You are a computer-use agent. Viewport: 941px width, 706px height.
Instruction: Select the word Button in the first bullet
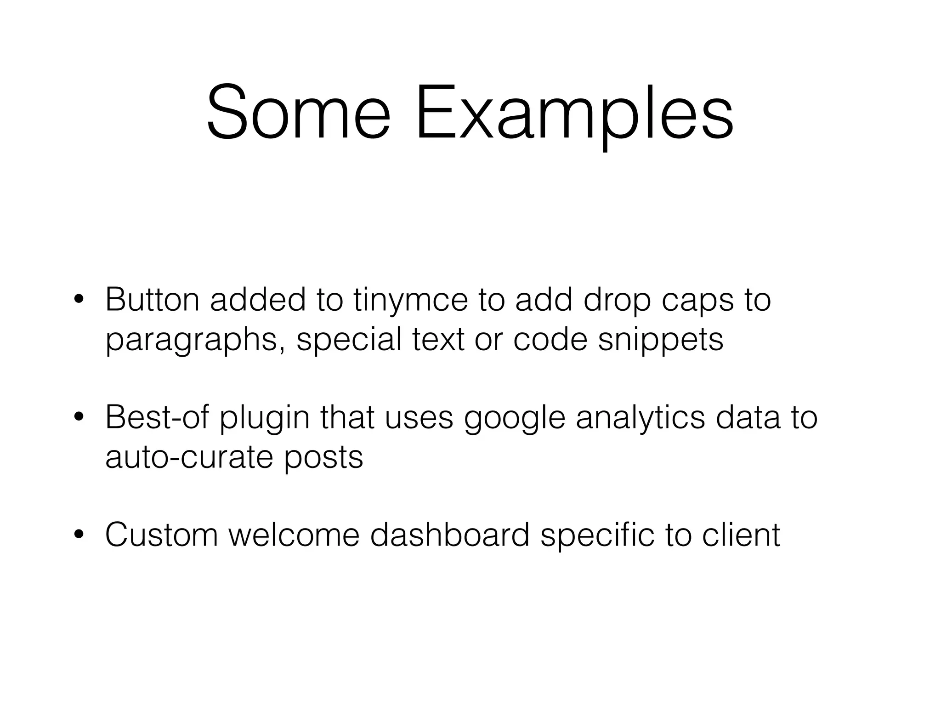click(152, 300)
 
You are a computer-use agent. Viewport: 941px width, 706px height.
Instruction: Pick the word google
click(515, 418)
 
